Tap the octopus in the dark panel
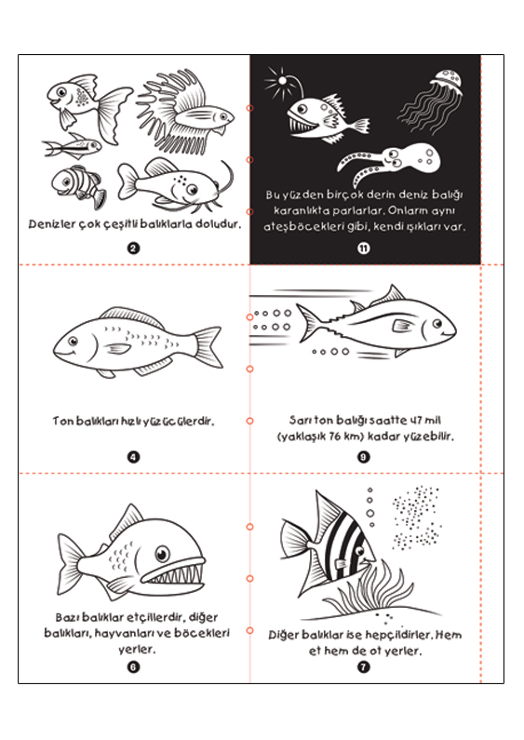[x=392, y=163]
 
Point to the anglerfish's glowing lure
[x=282, y=81]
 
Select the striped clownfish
[x=78, y=186]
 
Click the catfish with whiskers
[x=175, y=184]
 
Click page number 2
[x=133, y=248]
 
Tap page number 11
[x=364, y=248]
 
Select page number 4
[x=133, y=456]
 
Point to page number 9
[x=364, y=456]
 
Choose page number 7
[x=364, y=666]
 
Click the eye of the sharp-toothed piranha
[x=162, y=553]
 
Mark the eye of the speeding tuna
[x=437, y=324]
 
